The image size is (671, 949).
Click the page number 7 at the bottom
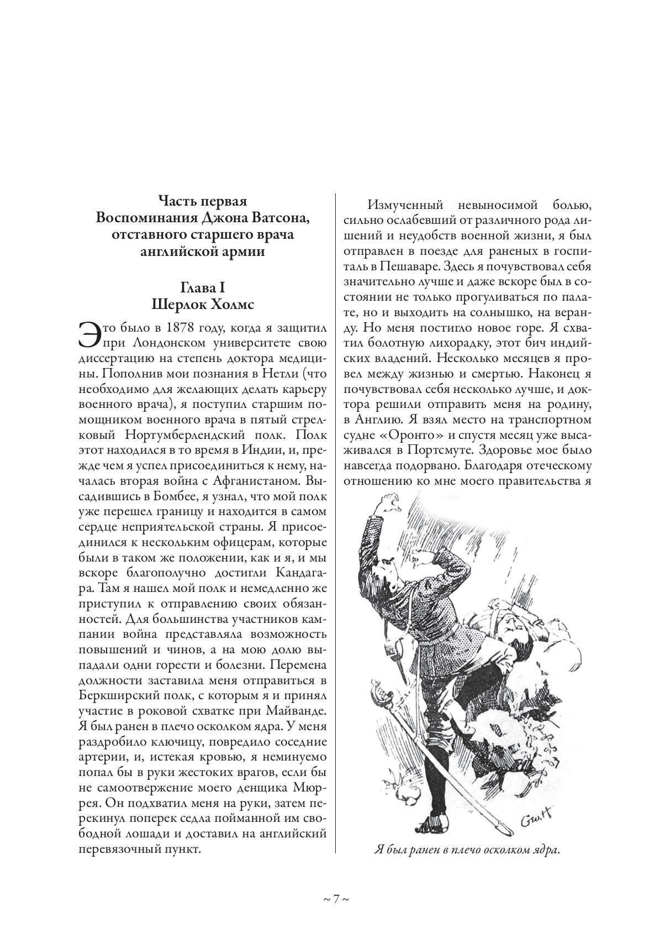[335, 899]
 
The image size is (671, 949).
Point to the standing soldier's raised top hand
[385, 501]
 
